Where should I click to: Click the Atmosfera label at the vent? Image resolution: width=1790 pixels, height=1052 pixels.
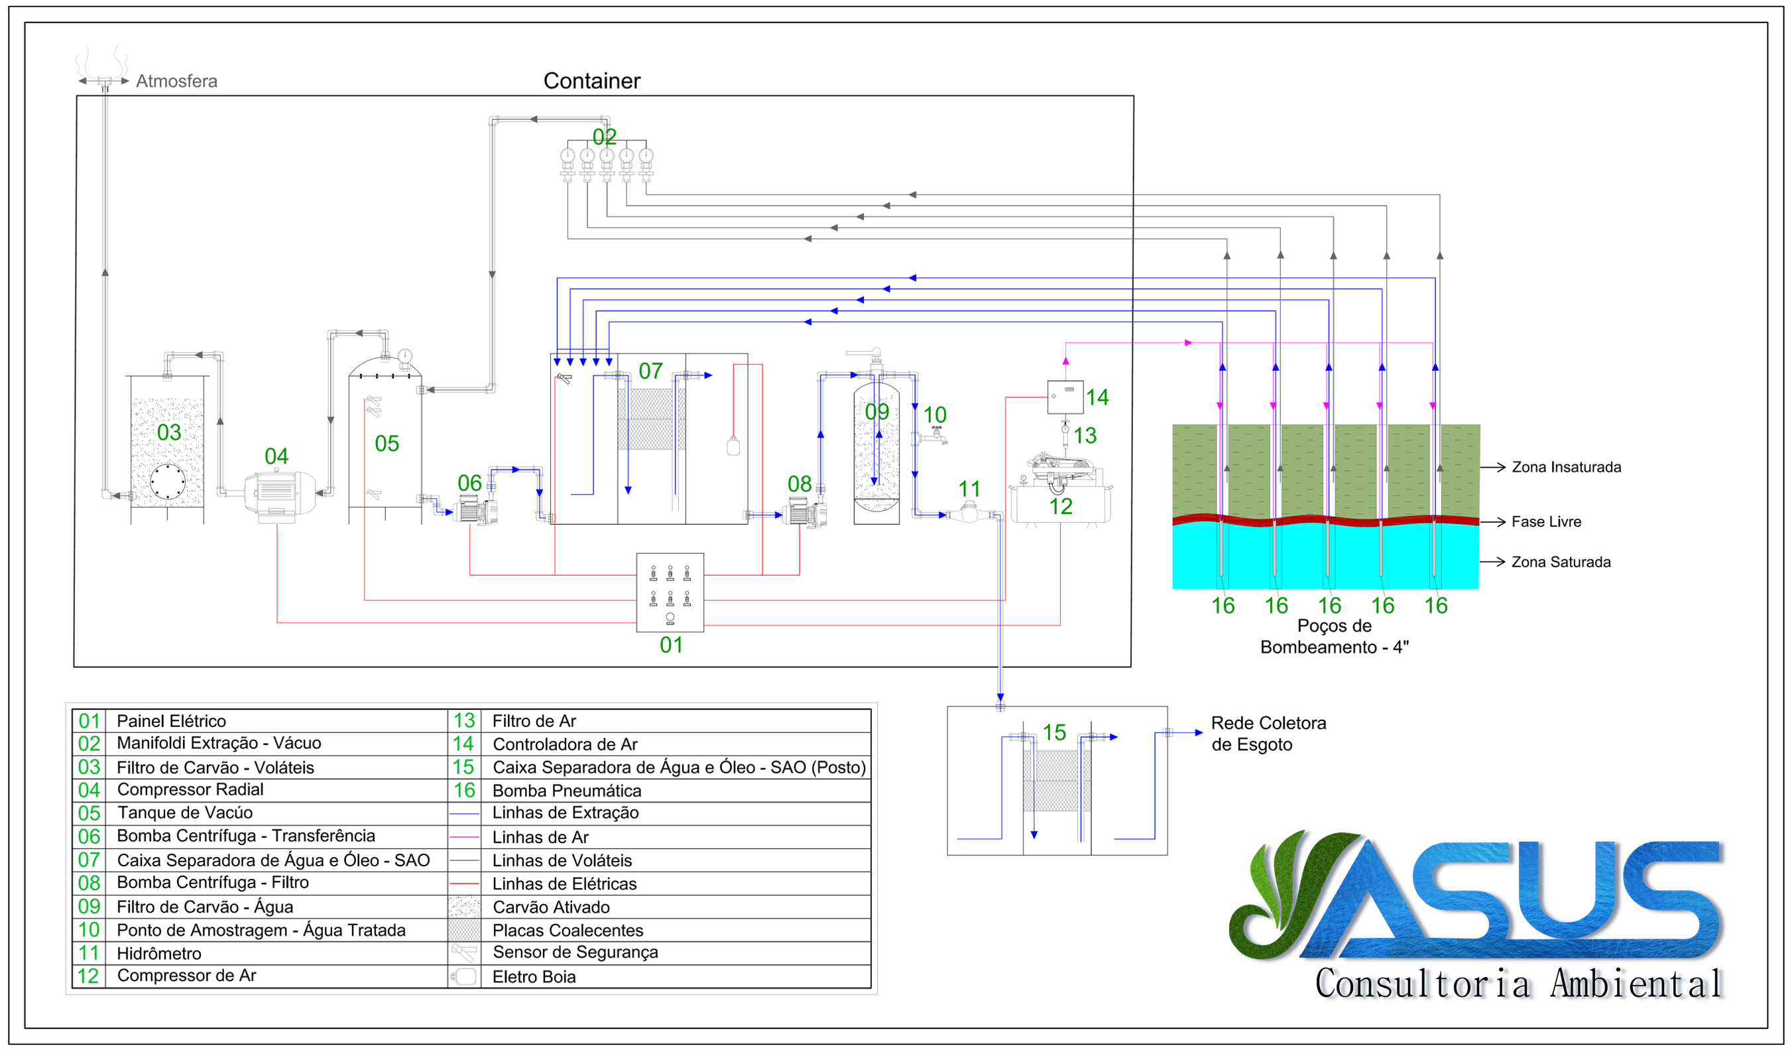click(x=176, y=81)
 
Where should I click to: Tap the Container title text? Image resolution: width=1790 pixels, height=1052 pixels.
click(x=591, y=81)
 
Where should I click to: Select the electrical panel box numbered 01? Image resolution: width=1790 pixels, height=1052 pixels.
click(x=670, y=592)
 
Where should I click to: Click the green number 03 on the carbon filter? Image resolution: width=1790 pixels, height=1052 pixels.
click(x=169, y=432)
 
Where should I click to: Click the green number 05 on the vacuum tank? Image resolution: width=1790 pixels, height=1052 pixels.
click(x=387, y=444)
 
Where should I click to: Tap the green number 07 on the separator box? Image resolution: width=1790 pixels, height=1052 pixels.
click(x=650, y=371)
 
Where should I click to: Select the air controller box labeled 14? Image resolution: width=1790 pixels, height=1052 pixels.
click(x=1065, y=397)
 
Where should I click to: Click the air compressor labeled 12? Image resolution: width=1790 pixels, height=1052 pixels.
click(x=1061, y=489)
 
